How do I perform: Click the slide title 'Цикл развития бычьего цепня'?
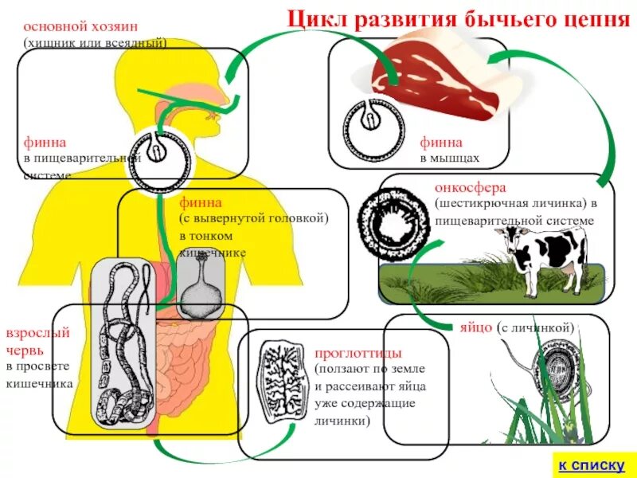(x=458, y=18)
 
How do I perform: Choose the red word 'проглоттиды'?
(x=358, y=352)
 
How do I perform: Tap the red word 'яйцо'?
(x=475, y=327)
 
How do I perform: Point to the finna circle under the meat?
(x=370, y=123)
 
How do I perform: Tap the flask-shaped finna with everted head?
(x=200, y=288)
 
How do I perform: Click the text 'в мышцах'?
(x=450, y=158)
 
